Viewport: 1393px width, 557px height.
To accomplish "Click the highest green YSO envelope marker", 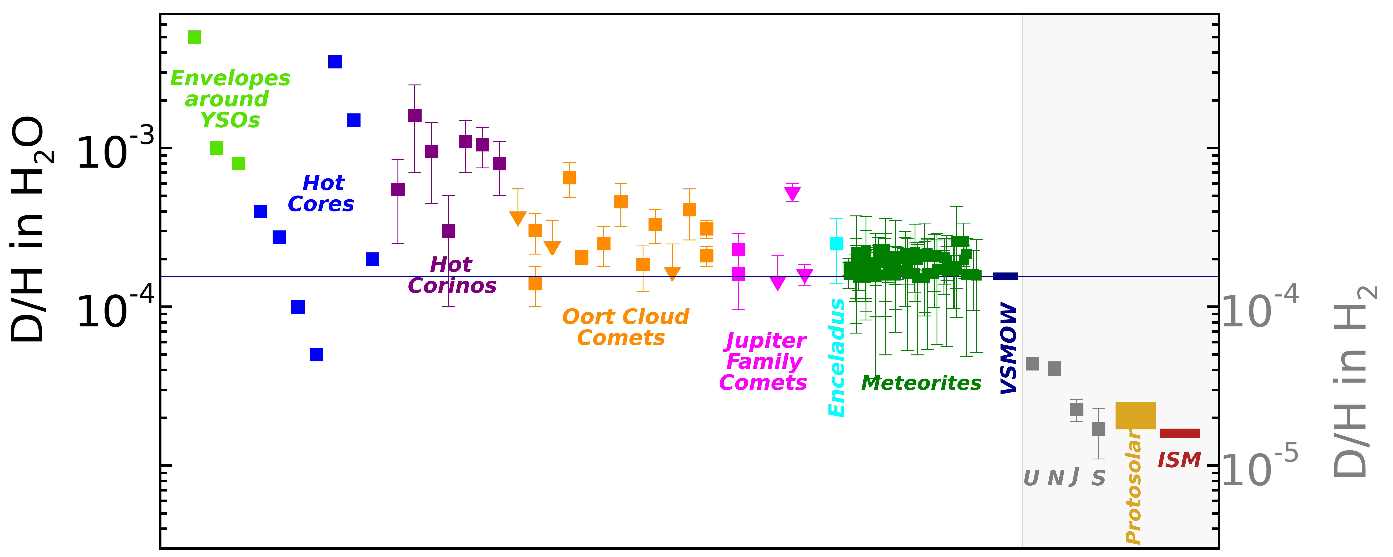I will pos(194,37).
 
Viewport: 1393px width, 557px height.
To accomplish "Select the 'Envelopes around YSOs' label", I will pos(230,99).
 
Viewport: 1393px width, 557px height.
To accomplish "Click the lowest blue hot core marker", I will pos(316,354).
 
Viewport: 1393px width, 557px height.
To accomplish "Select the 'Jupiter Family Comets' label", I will pos(763,361).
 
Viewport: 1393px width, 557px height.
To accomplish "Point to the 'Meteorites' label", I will pos(921,383).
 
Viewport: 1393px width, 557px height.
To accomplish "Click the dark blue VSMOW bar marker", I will pos(1005,276).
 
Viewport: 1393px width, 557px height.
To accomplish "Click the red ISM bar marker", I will pos(1179,433).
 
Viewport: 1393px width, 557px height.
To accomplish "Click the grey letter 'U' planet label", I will pos(1031,478).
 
